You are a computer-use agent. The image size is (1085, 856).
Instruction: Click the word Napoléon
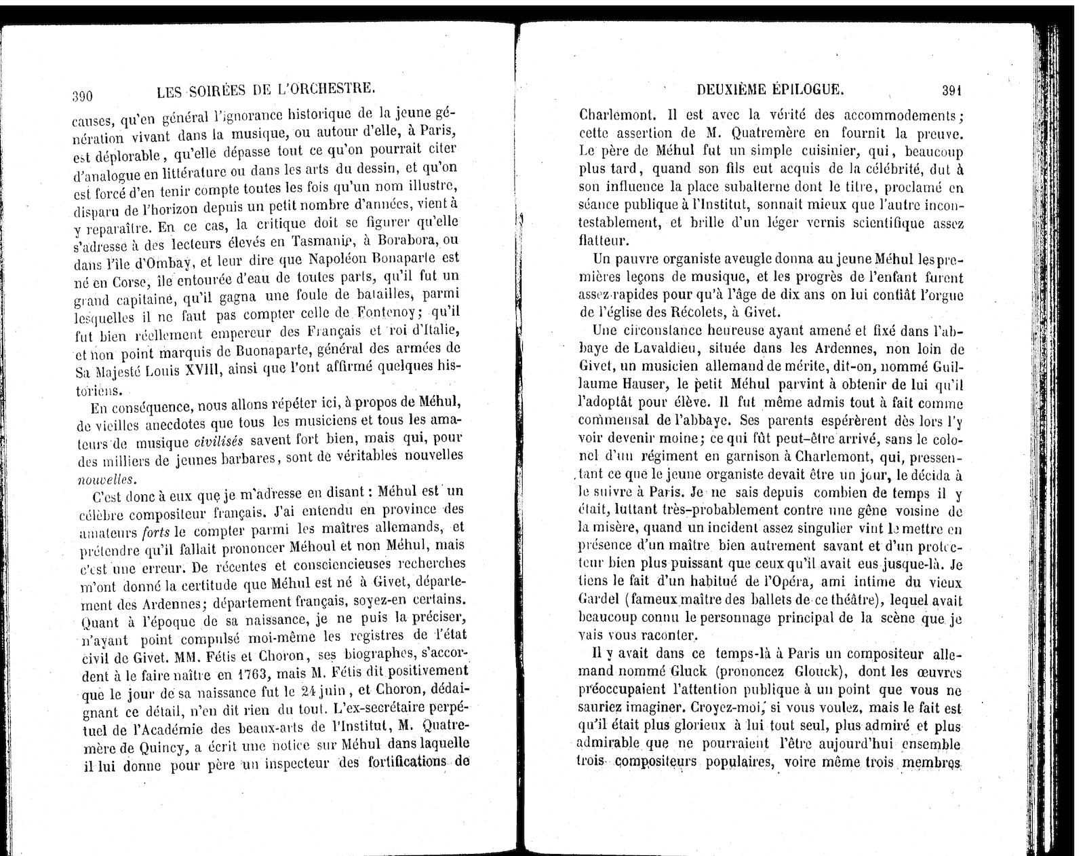click(339, 259)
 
